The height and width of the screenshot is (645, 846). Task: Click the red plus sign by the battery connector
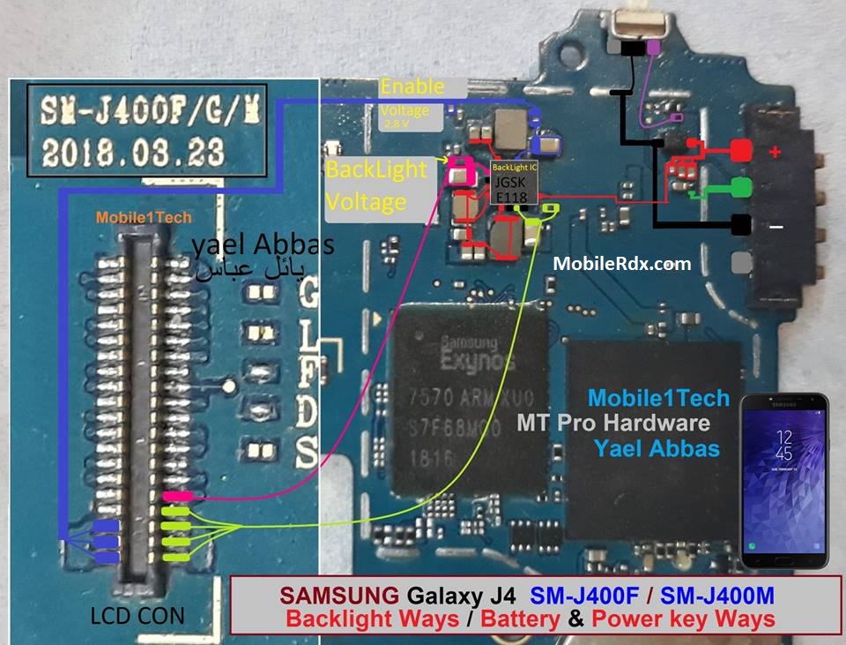click(775, 152)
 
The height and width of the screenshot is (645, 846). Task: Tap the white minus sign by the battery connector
click(775, 227)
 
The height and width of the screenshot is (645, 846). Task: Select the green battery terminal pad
click(739, 187)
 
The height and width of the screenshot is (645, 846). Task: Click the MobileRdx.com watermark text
click(622, 263)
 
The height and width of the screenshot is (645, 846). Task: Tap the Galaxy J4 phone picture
click(783, 480)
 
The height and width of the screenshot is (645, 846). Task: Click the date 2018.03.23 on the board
click(132, 152)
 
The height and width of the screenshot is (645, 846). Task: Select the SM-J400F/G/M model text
click(132, 111)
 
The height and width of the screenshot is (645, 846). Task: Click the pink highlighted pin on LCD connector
click(178, 498)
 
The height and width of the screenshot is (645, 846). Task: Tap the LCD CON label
click(137, 615)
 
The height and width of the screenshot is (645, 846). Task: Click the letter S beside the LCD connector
click(306, 455)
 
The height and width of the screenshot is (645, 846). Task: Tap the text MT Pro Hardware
click(613, 424)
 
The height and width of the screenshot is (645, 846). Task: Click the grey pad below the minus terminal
click(741, 262)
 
